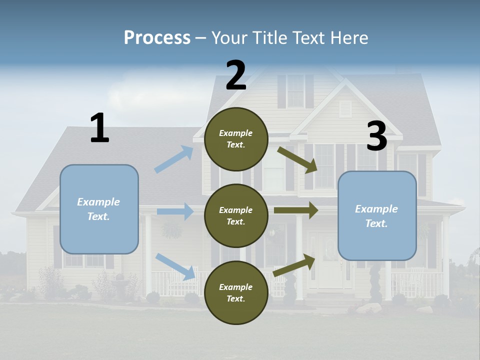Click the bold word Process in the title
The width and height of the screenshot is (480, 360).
[x=157, y=37]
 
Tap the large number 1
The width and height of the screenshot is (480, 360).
[x=99, y=128]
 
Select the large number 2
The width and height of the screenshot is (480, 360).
[x=236, y=75]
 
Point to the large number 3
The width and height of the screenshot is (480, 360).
[x=376, y=136]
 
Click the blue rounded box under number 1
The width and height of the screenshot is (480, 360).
[x=99, y=209]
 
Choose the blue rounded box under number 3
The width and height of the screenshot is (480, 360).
[x=377, y=215]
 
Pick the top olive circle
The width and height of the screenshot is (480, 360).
[x=236, y=139]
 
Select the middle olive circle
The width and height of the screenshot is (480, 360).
[x=236, y=215]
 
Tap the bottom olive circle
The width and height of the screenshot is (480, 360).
[x=236, y=292]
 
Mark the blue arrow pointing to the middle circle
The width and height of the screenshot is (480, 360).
[x=175, y=211]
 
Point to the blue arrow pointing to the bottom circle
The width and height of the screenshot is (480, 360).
[x=175, y=266]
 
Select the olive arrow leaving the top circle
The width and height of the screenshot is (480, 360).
[x=297, y=159]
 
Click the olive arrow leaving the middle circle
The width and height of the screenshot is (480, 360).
[x=295, y=210]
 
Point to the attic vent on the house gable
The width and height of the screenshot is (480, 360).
[x=345, y=108]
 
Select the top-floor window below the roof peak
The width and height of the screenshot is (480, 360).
[x=295, y=90]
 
